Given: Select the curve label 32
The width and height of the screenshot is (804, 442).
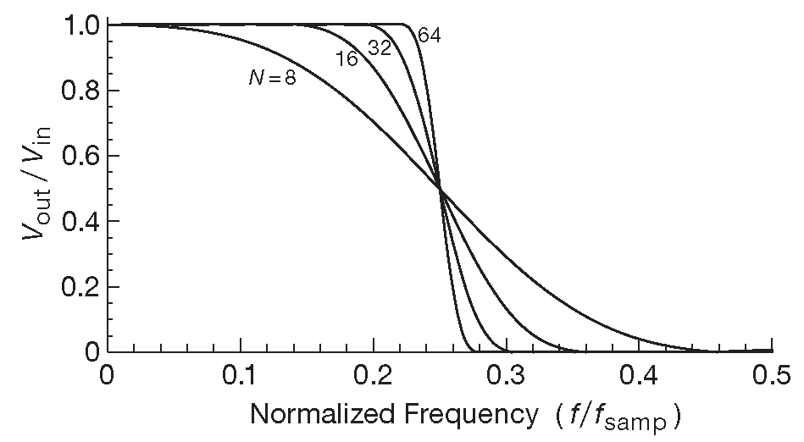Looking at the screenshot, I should pyautogui.click(x=379, y=48).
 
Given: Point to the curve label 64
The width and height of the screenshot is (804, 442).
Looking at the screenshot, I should pyautogui.click(x=430, y=36).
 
